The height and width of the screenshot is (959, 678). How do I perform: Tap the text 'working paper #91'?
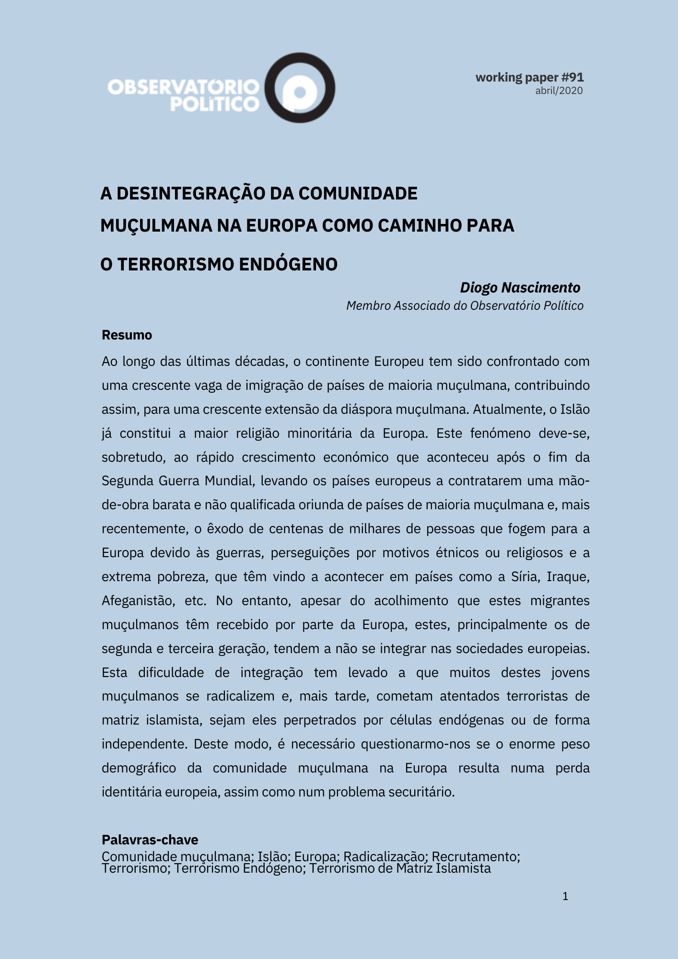529,77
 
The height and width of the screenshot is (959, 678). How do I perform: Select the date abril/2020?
559,91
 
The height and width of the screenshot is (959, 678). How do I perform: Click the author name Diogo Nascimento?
520,288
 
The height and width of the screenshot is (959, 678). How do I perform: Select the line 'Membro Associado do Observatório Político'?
465,306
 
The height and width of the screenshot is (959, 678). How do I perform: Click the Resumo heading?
127,335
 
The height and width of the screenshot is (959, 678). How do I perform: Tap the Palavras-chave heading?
150,840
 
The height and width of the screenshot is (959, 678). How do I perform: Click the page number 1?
565,896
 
